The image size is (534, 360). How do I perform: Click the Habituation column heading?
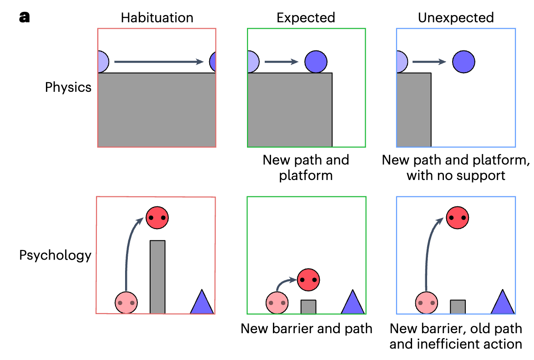click(157, 18)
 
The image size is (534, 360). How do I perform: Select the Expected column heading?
click(306, 18)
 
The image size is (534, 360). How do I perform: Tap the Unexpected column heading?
click(456, 18)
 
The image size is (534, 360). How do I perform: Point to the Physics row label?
click(68, 87)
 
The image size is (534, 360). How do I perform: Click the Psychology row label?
click(55, 255)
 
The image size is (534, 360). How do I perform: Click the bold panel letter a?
click(25, 18)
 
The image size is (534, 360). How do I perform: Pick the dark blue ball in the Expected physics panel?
click(316, 61)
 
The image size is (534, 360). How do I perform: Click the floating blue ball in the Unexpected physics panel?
click(463, 61)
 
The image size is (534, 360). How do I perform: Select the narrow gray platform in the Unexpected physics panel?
click(414, 109)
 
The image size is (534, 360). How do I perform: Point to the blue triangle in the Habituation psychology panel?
click(202, 303)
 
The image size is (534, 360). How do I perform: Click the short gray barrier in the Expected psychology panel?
click(308, 306)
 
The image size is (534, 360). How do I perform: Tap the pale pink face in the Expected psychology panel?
click(277, 302)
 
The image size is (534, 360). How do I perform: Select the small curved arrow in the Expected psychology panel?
click(286, 284)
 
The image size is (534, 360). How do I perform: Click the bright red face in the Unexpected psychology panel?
click(457, 217)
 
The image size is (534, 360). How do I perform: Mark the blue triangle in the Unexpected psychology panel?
click(502, 303)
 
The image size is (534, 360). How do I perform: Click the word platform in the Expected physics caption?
click(306, 175)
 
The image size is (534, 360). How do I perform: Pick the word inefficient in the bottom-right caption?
click(446, 344)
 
